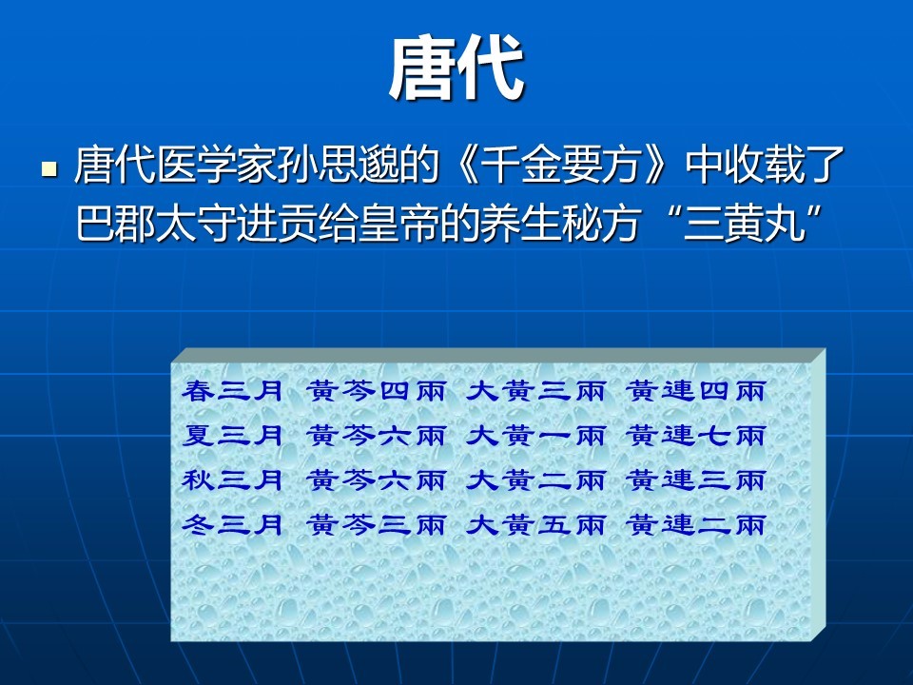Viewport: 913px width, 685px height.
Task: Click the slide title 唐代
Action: tap(456, 68)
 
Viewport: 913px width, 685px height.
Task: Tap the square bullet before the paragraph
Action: tap(49, 169)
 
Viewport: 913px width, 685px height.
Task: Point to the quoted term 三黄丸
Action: tap(744, 224)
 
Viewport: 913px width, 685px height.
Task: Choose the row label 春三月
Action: tap(232, 390)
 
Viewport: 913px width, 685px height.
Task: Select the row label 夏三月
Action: tap(232, 435)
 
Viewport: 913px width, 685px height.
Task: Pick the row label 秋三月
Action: tap(232, 479)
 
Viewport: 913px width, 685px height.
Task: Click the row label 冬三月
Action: tap(232, 525)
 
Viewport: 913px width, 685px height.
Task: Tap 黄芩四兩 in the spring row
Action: tap(377, 390)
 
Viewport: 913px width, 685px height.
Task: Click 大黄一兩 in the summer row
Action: tap(535, 435)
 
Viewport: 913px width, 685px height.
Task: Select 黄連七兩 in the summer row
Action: tap(696, 435)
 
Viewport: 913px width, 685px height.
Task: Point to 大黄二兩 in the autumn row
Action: tap(535, 479)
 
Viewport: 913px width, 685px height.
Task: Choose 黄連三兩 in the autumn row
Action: tap(696, 479)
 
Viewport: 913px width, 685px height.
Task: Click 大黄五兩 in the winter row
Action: tap(535, 525)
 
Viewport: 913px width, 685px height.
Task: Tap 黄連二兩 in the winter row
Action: tap(696, 525)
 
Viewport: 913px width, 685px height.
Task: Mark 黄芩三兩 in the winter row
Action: tap(377, 525)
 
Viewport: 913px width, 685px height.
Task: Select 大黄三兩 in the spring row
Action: tap(535, 390)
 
